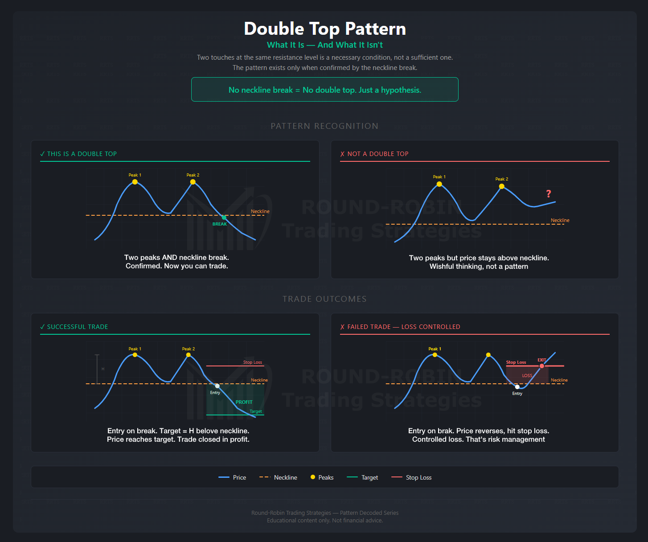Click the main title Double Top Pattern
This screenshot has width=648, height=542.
[325, 29]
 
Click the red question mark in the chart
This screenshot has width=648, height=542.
[549, 193]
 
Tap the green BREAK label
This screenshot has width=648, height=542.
[220, 224]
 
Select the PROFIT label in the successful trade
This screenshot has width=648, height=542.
[244, 402]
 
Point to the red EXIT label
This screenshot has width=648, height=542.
[542, 360]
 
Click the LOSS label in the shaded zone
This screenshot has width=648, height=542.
[527, 375]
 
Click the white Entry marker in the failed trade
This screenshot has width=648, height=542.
[517, 387]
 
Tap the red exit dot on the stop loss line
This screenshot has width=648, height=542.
[541, 366]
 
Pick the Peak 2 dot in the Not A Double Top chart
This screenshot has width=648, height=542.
[501, 186]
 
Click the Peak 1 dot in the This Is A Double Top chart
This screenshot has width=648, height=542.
[135, 182]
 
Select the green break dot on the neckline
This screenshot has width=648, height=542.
[224, 218]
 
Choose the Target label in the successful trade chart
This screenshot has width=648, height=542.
[256, 411]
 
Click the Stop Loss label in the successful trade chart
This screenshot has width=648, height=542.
[253, 362]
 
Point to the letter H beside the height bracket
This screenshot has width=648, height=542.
[103, 369]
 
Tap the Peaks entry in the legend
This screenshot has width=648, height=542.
[322, 477]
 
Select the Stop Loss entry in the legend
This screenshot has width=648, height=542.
[414, 477]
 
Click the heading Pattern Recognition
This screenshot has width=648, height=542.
[324, 126]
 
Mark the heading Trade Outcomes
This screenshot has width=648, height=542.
[324, 299]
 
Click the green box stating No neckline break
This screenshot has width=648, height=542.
[325, 90]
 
